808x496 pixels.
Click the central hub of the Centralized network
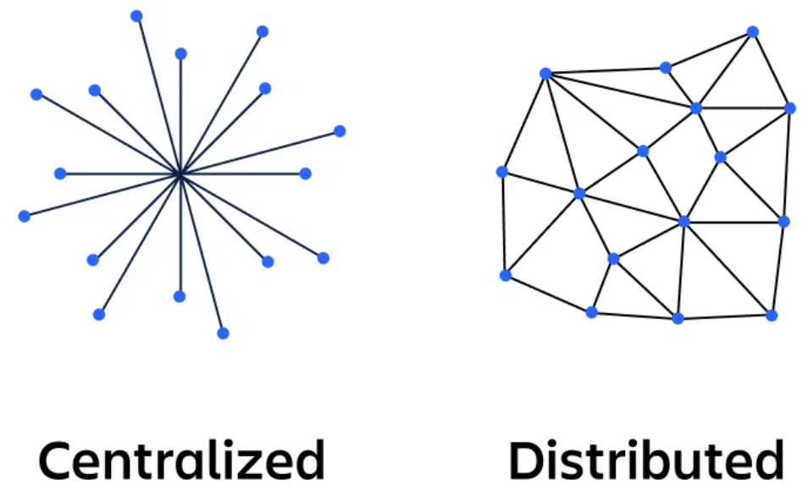pos(180,174)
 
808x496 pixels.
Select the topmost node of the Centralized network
pos(136,16)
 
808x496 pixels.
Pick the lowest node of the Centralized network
pos(223,333)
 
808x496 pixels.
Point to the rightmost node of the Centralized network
pos(340,131)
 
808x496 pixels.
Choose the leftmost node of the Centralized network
pos(24,216)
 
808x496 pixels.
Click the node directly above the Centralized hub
pos(180,54)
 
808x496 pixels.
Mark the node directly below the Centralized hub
pos(180,296)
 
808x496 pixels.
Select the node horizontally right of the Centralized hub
pos(306,174)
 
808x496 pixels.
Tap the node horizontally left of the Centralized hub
pos(60,174)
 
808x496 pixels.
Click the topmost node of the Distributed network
pos(752,32)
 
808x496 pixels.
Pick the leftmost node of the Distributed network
pos(501,172)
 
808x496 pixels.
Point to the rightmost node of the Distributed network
pos(790,108)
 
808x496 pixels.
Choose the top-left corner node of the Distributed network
pos(545,74)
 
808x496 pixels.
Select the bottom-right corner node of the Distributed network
pos(771,315)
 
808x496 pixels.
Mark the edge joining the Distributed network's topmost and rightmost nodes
pos(772,70)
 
